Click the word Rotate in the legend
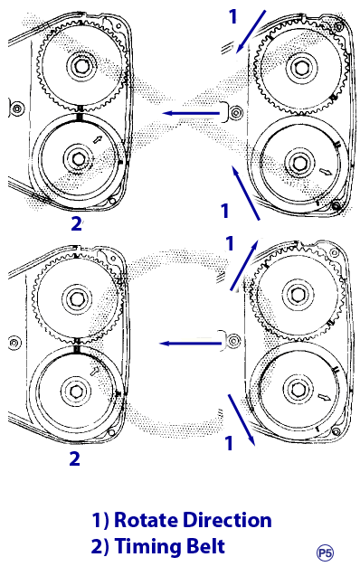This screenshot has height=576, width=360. click(147, 520)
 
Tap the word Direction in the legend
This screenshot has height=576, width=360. click(227, 520)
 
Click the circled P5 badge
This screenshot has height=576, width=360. click(325, 552)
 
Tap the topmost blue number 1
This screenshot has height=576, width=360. click(232, 17)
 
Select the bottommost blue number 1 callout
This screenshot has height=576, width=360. click(229, 443)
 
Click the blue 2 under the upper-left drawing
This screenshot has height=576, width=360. click(76, 223)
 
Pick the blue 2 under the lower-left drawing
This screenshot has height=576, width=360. click(74, 458)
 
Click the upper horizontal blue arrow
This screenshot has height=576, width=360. click(191, 113)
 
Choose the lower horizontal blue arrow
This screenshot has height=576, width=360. click(190, 344)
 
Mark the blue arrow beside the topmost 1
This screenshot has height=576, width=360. click(251, 32)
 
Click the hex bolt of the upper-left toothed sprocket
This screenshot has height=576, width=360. click(81, 66)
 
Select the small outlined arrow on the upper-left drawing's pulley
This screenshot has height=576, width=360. click(98, 139)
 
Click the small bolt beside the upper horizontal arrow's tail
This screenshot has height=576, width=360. click(235, 112)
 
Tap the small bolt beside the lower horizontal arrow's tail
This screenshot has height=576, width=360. click(233, 341)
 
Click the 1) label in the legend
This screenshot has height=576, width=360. click(100, 520)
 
